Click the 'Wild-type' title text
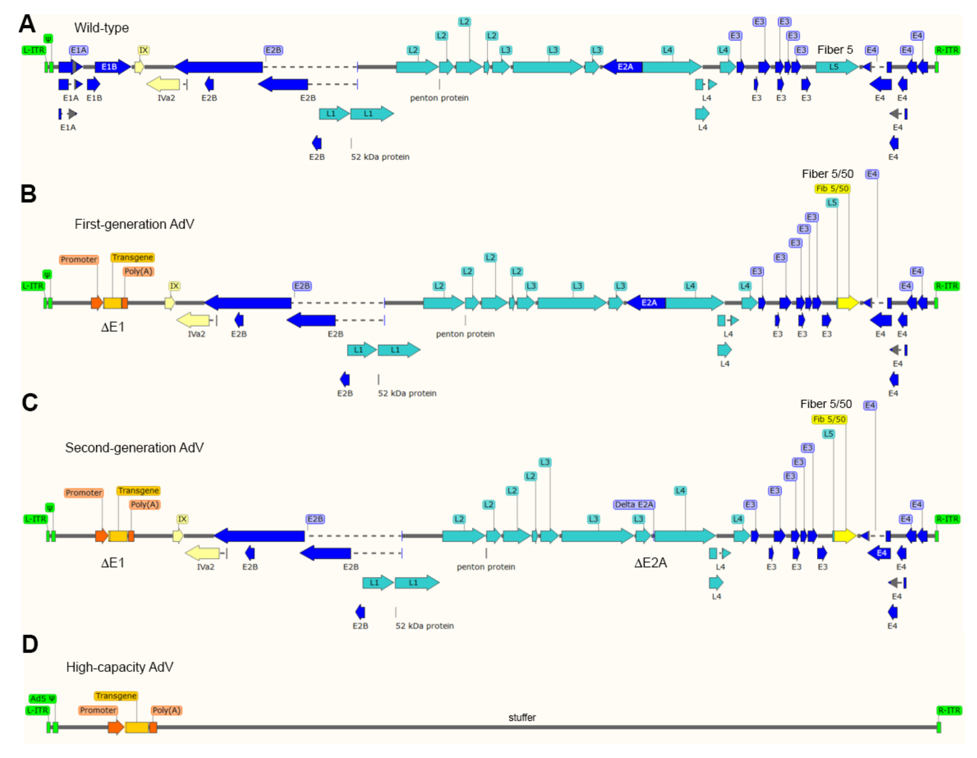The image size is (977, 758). coord(102,28)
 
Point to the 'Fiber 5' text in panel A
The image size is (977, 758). coord(835,50)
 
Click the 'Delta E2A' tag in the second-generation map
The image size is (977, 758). coord(634,505)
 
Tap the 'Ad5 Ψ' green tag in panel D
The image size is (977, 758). coord(43,698)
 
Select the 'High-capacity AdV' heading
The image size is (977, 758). coord(120,667)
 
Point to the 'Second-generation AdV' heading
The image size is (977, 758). coord(134,448)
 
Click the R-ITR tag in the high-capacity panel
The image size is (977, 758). coord(949,710)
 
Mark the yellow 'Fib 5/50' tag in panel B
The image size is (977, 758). coord(832,189)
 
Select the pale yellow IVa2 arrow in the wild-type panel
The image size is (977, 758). coord(163,84)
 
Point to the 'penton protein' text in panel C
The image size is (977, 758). coord(486,567)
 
